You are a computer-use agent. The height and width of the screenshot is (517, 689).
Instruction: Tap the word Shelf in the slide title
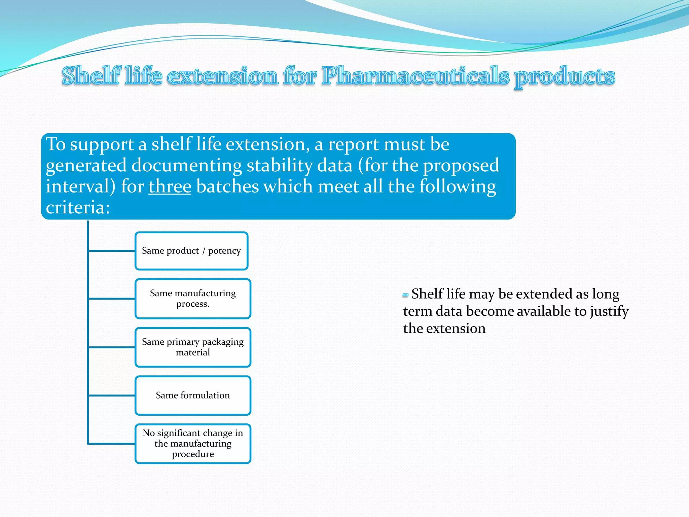(x=91, y=75)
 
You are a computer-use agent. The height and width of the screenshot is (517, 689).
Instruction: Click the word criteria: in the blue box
(x=78, y=207)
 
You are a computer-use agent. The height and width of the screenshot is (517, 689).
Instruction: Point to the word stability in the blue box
(x=280, y=165)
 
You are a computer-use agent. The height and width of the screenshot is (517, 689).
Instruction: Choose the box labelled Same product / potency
(x=191, y=251)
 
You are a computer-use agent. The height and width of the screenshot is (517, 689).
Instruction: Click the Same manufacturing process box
(x=193, y=299)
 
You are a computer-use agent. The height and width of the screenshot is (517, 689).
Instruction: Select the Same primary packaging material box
(x=193, y=347)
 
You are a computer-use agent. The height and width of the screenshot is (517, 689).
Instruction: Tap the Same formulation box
(x=193, y=395)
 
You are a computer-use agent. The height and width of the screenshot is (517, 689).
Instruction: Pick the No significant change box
(x=193, y=443)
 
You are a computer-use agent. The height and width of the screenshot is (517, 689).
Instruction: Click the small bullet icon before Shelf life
(x=405, y=295)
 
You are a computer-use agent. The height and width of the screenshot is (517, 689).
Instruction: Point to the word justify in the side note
(x=609, y=311)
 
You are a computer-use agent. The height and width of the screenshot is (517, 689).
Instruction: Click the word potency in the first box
(x=224, y=251)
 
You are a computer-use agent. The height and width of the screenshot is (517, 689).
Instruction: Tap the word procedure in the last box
(x=193, y=454)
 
